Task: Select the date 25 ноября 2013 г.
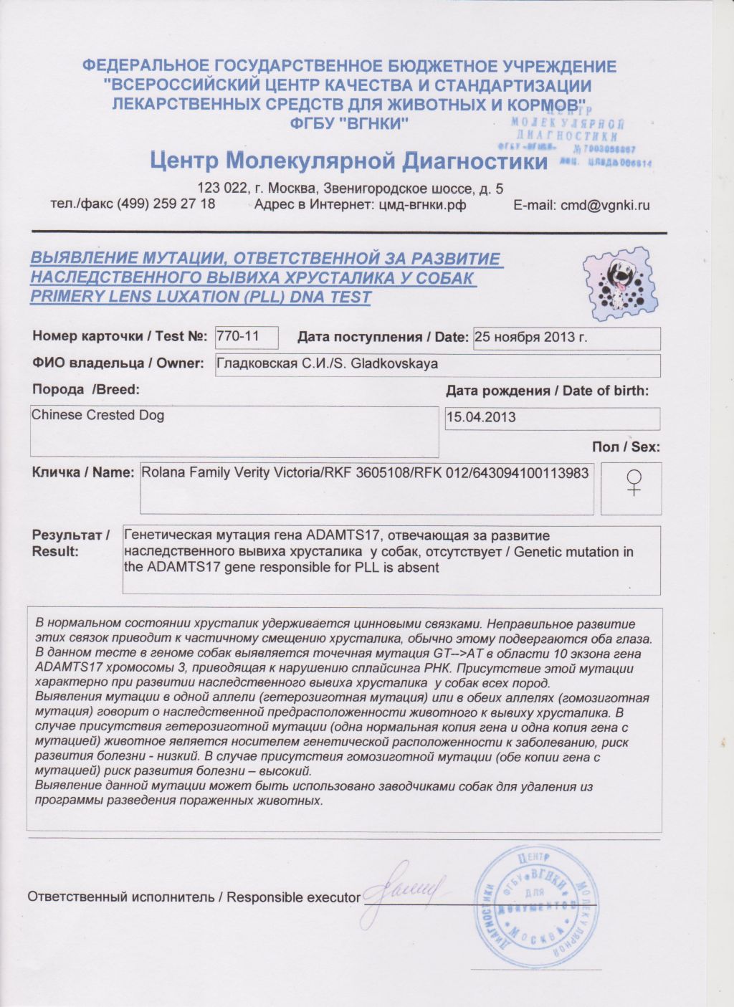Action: (x=531, y=337)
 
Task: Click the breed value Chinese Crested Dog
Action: (x=98, y=415)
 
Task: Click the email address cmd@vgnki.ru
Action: (x=604, y=205)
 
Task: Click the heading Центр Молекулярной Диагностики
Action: (x=348, y=161)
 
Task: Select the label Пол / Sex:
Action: (x=626, y=447)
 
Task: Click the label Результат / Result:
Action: (x=70, y=543)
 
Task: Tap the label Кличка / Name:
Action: (x=83, y=472)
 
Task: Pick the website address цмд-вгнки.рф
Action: (x=421, y=205)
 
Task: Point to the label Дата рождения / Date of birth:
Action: (x=547, y=391)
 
